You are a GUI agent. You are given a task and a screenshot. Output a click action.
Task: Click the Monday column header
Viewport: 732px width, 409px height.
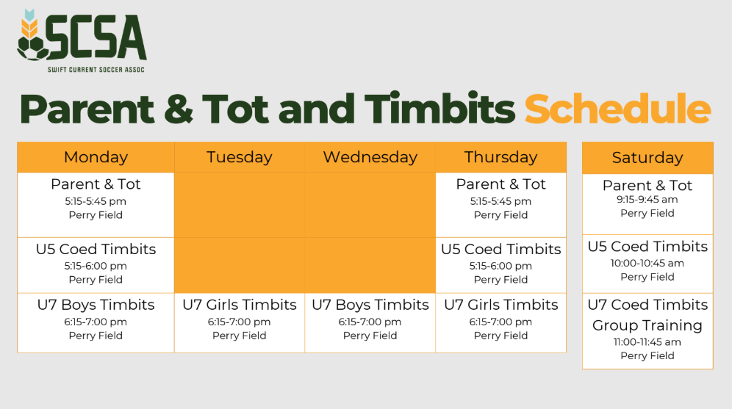click(96, 157)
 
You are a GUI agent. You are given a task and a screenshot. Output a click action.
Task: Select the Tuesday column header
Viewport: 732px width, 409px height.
click(240, 157)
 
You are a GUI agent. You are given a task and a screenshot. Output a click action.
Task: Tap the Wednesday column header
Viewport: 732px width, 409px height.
click(370, 157)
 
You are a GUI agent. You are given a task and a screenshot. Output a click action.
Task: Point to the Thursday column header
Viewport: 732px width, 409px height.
click(501, 157)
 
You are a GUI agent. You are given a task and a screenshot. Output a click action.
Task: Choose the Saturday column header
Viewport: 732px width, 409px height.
click(647, 158)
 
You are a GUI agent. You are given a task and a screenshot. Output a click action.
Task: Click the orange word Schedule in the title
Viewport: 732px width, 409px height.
click(617, 109)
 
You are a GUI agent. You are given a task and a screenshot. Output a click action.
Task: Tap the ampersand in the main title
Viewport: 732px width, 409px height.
click(179, 109)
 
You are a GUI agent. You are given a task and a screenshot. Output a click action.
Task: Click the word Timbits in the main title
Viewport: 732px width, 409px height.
click(439, 109)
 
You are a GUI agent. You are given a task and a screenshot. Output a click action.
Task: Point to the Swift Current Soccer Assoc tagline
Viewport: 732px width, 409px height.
click(96, 70)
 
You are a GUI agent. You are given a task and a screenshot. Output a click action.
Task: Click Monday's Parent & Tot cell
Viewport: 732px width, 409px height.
click(96, 205)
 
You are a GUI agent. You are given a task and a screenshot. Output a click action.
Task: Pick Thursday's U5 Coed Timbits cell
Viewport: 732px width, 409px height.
click(501, 265)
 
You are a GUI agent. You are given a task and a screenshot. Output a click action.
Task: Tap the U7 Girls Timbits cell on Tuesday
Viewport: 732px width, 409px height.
click(240, 323)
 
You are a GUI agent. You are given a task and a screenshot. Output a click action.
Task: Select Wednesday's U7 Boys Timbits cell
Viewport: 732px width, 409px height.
click(370, 323)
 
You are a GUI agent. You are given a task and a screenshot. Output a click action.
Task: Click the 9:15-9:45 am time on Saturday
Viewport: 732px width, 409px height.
click(647, 200)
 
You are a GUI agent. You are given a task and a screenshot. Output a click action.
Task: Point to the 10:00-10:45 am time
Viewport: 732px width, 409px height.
click(647, 263)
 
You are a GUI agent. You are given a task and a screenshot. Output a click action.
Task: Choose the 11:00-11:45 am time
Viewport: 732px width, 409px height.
click(647, 342)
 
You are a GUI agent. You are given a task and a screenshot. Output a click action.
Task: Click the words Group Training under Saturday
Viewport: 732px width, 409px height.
click(647, 325)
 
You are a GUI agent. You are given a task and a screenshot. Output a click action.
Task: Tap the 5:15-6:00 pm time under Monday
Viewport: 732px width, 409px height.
click(96, 266)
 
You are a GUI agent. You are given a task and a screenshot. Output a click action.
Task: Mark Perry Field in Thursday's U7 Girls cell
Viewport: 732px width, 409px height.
click(501, 336)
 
